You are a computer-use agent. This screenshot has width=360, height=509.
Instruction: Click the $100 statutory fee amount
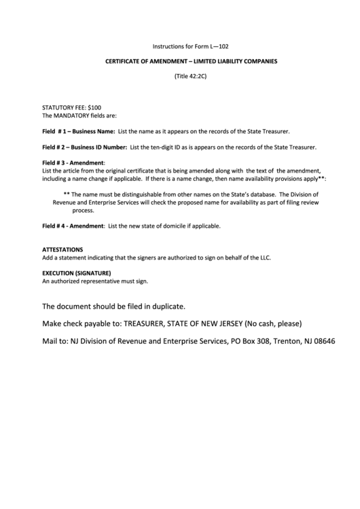(94, 108)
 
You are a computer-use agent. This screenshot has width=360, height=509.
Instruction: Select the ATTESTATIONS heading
(62, 250)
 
